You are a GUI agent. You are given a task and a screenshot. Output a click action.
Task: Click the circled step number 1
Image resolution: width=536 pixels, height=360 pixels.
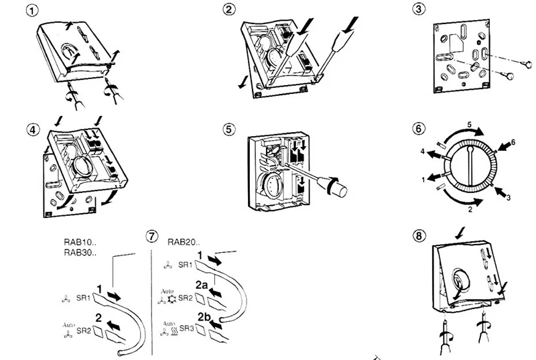(32, 11)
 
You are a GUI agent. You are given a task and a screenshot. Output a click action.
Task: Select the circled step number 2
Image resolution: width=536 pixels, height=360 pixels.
(229, 9)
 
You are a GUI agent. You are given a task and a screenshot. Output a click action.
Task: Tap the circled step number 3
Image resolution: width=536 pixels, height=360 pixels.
(419, 9)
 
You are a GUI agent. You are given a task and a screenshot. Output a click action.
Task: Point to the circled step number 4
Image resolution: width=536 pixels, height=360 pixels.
(33, 130)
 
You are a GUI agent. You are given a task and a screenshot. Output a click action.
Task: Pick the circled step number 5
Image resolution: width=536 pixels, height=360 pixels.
(229, 129)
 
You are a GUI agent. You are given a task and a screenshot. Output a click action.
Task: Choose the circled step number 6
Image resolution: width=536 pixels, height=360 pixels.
(419, 129)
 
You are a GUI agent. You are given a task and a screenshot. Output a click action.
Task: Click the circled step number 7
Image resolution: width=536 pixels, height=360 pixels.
(152, 236)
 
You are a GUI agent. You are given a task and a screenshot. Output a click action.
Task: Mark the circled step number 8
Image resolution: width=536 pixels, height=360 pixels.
(419, 235)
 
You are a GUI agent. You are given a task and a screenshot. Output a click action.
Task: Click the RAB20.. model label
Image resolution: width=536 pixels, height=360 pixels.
(184, 243)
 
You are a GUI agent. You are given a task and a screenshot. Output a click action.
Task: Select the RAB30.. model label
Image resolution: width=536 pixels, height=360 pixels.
(80, 253)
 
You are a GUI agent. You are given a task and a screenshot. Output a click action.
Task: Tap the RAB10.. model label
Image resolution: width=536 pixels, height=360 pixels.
(80, 243)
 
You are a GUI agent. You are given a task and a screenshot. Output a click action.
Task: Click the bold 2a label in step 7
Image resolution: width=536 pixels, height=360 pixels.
(202, 285)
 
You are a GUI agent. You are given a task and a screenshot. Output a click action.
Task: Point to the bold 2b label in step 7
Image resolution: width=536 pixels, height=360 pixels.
(204, 317)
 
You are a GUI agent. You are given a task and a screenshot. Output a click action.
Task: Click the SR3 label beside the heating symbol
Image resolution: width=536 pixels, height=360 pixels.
(187, 328)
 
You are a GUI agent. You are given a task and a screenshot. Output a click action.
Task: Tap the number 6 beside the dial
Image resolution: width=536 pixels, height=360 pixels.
(513, 142)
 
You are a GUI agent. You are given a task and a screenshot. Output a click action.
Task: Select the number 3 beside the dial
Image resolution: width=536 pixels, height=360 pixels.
(509, 198)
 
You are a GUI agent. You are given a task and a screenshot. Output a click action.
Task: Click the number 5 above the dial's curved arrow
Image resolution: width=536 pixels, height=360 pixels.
(470, 125)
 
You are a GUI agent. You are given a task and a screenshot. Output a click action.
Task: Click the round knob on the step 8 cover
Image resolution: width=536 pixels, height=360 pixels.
(460, 280)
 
